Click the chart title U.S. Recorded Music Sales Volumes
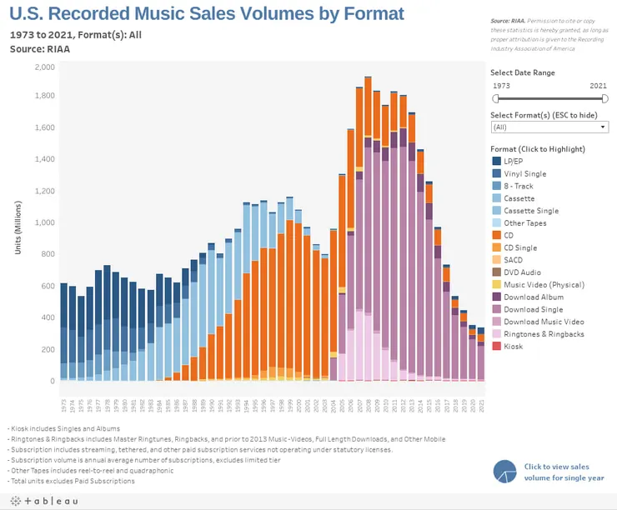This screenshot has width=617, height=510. click(207, 14)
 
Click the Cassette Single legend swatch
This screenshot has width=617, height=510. click(497, 210)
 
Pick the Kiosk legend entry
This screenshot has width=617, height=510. click(514, 347)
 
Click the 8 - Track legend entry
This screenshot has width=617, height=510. click(518, 185)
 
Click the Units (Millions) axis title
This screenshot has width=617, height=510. click(19, 227)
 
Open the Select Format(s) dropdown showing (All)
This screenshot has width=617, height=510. click(549, 127)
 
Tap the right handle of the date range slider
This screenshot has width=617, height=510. click(604, 98)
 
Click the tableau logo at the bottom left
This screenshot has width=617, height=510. click(43, 501)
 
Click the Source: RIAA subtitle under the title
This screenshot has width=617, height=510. click(40, 49)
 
